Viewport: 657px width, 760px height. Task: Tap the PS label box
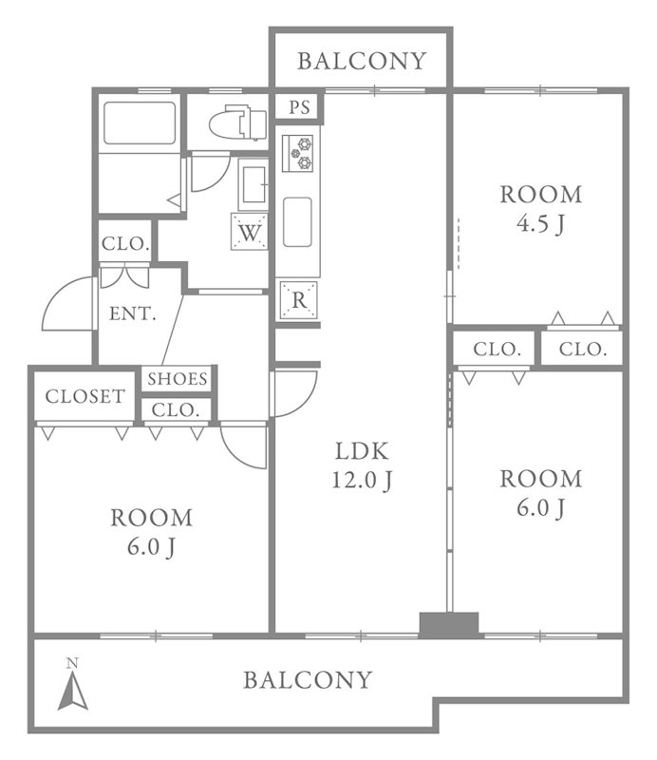299,107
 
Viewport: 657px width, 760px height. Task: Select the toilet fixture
238,123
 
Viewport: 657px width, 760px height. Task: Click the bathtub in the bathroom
140,123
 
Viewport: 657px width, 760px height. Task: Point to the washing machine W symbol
250,232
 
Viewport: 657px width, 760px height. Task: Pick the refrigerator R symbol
299,300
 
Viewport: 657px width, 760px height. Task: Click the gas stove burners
297,153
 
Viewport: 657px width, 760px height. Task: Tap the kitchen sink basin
297,222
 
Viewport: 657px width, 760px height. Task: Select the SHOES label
178,378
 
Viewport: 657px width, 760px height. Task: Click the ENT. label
133,313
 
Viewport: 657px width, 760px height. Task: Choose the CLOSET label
84,396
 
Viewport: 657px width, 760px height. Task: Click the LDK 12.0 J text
362,465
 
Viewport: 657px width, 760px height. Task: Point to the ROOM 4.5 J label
541,209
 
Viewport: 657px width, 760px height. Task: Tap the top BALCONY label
362,61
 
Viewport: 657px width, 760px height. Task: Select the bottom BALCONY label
308,680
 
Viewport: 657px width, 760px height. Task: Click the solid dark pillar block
449,625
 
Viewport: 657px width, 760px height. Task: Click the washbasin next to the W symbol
253,184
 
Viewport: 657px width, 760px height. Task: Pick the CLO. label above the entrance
125,243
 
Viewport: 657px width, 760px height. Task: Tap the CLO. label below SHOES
176,410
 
